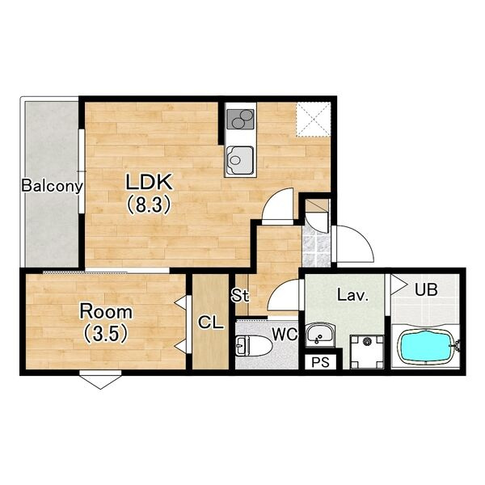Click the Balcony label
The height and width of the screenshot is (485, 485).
click(x=53, y=186)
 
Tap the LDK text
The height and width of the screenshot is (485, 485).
click(x=149, y=183)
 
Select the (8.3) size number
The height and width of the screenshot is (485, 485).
click(x=149, y=205)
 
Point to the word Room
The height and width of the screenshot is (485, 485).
click(x=106, y=311)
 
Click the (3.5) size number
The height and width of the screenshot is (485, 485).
click(x=106, y=333)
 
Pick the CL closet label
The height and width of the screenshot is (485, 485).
click(x=211, y=323)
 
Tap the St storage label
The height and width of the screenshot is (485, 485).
click(x=240, y=296)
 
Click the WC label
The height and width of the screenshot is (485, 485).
click(x=285, y=334)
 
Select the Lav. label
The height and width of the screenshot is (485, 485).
click(x=353, y=295)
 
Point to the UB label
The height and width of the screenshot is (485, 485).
click(x=426, y=290)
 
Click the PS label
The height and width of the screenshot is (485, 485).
click(x=320, y=362)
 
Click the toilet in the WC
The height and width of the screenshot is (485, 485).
click(x=254, y=346)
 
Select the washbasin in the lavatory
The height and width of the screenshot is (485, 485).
click(x=319, y=335)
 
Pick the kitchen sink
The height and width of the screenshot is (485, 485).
click(x=240, y=161)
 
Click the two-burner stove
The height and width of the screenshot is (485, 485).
click(x=240, y=120)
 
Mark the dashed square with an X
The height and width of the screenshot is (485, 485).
click(x=312, y=119)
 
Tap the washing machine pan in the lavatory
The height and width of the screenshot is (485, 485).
click(x=367, y=352)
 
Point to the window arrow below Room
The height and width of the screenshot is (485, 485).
click(x=100, y=380)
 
